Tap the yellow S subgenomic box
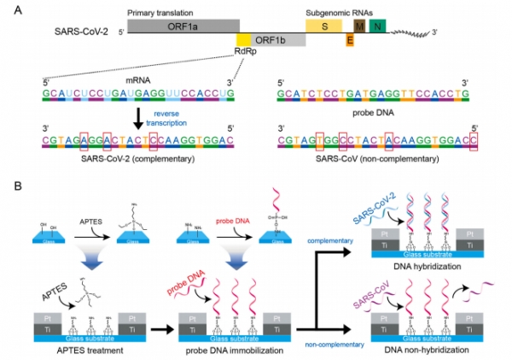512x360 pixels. [325, 26]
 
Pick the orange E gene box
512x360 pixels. [349, 39]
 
